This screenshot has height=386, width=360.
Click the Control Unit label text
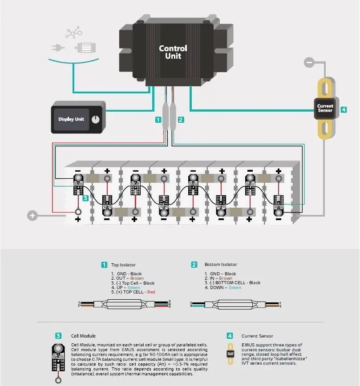tap(173, 52)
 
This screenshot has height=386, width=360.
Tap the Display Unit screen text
tap(71, 119)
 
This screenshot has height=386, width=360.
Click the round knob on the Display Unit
tap(95, 119)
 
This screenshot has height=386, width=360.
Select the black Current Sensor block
tap(325, 108)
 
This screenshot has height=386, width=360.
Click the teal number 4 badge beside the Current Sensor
tap(344, 109)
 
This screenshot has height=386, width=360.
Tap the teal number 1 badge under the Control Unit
tap(158, 119)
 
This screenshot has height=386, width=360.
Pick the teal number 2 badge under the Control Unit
tap(180, 119)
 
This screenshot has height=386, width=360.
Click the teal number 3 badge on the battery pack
tap(85, 197)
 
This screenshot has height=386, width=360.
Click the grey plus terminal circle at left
tap(32, 216)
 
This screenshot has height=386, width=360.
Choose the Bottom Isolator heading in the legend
tap(221, 265)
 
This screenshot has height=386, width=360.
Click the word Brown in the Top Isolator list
tap(137, 278)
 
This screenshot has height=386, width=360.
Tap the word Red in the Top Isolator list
tap(151, 292)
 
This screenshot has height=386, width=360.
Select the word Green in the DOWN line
tap(235, 288)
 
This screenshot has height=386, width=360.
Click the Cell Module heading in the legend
tap(83, 336)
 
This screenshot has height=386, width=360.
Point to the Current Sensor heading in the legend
tap(257, 336)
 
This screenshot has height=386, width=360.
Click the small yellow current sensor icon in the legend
tap(230, 354)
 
